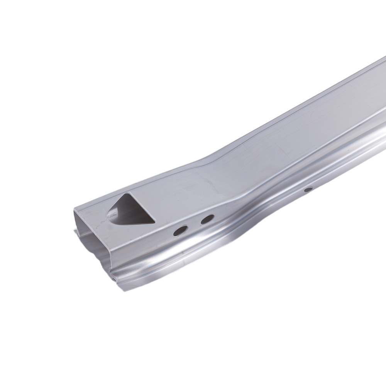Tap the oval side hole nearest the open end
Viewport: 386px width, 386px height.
[180, 231]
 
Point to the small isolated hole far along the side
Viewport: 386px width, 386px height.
[308, 190]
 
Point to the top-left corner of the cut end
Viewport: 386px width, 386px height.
[74, 209]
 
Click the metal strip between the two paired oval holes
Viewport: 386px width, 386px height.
[194, 225]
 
